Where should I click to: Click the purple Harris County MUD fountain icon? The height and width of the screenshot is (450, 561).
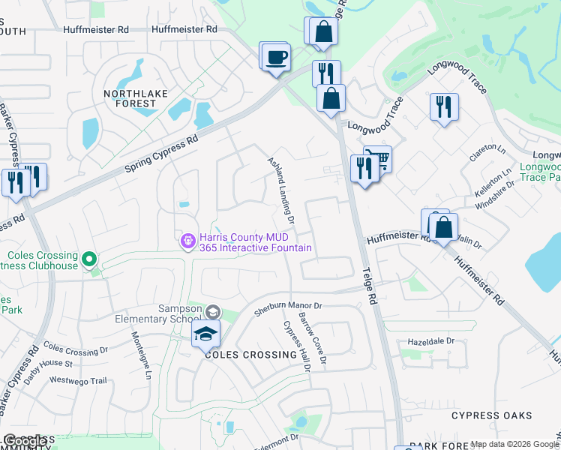(x=188, y=241)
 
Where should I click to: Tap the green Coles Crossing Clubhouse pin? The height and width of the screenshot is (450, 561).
(x=89, y=259)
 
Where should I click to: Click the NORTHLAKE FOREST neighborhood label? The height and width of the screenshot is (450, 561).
(x=130, y=98)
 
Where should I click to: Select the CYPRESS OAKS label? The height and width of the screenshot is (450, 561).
(x=492, y=415)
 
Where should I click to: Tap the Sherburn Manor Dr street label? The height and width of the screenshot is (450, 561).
(x=287, y=306)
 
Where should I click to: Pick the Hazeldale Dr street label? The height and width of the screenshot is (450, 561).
(x=431, y=341)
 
